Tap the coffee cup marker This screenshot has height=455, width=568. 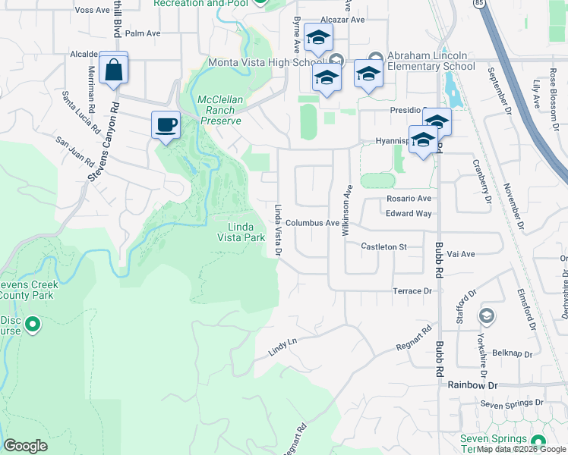pos(166,124)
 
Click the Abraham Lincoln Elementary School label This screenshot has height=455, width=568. pos(431,61)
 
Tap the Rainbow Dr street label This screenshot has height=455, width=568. pos(472,385)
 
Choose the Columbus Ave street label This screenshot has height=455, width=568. pos(312,223)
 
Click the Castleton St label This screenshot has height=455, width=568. pos(384,246)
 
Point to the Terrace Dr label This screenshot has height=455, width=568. pos(412,290)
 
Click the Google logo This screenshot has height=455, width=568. pos(25,446)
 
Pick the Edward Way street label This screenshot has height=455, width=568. pos(409,214)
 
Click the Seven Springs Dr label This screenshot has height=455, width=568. pos(513,404)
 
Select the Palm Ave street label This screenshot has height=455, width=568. pos(143,33)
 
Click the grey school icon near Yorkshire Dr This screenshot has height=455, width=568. pos(486,315)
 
